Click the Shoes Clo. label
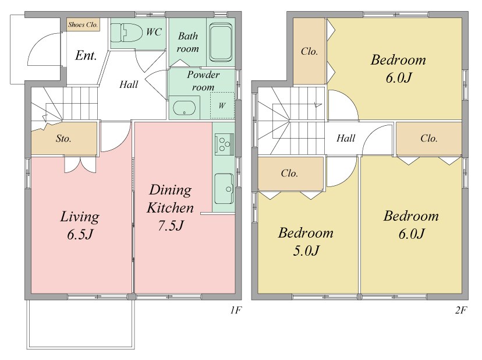click(83, 24)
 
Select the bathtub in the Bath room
click(221, 42)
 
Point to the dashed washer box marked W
click(222, 105)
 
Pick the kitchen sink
click(224, 189)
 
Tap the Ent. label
click(86, 56)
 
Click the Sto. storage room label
click(63, 139)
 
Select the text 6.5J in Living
click(80, 234)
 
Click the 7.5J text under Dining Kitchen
click(171, 225)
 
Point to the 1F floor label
click(236, 310)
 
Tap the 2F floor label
click(461, 310)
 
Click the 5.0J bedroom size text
click(306, 250)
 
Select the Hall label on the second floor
click(346, 138)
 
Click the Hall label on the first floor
click(129, 84)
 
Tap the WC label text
click(154, 31)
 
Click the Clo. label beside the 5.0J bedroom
click(289, 173)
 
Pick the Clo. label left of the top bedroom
click(309, 51)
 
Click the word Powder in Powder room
click(204, 75)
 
